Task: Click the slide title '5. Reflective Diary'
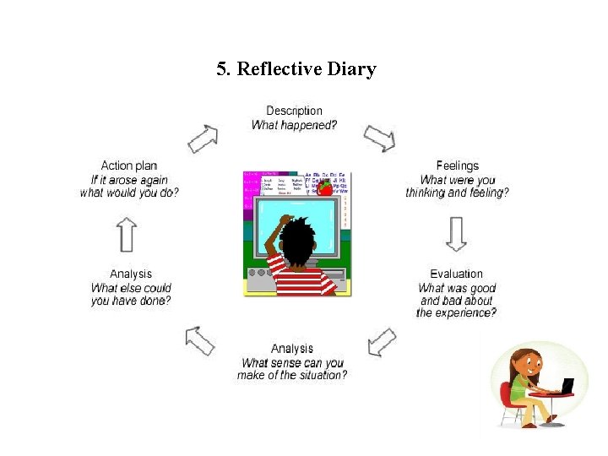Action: click(296, 69)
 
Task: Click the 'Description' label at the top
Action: click(294, 111)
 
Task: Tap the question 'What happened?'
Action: click(294, 125)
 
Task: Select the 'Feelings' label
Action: click(457, 166)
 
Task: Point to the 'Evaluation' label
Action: click(456, 274)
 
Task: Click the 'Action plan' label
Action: click(129, 166)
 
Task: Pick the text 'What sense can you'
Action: click(292, 363)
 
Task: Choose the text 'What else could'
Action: click(131, 288)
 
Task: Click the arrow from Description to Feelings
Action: click(379, 138)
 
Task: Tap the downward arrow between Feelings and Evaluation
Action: click(456, 233)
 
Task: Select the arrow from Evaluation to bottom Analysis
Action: click(382, 342)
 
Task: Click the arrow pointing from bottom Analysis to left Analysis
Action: click(200, 340)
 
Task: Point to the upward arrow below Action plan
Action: click(127, 233)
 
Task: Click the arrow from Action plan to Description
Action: click(203, 138)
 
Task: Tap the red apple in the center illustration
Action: click(324, 189)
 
